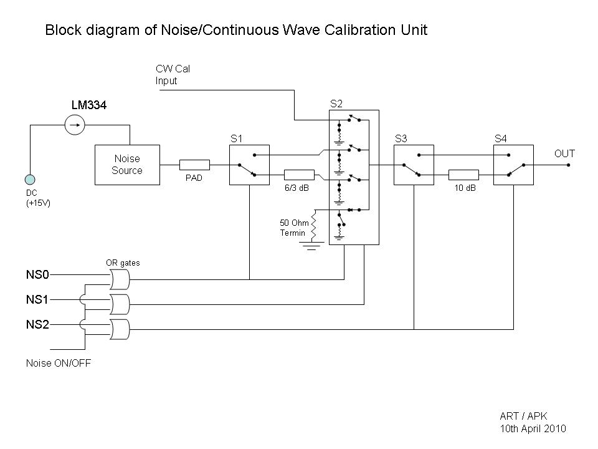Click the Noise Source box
[x=127, y=165]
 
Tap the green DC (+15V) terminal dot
[x=29, y=178]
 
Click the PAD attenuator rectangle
[x=194, y=165]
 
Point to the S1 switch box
[x=249, y=165]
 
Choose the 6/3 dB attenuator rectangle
[x=299, y=175]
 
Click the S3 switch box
[x=414, y=165]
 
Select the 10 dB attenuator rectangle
[x=463, y=175]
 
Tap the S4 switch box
[x=513, y=165]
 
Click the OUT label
[x=564, y=153]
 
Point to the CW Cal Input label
[x=172, y=75]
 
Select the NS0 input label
[x=37, y=274]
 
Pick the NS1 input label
[x=37, y=300]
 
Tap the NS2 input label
[x=37, y=325]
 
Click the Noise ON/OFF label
[x=58, y=363]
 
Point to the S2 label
[x=336, y=104]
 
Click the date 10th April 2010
[x=533, y=428]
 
